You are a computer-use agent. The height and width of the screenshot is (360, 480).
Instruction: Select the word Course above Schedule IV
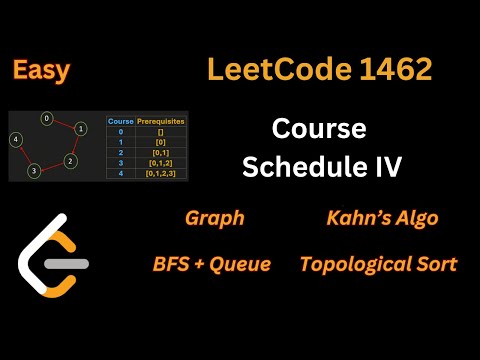pos(320,130)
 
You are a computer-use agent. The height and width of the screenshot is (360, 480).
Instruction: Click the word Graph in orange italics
pos(214,218)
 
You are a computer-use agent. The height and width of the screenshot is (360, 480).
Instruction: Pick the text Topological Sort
pos(378,264)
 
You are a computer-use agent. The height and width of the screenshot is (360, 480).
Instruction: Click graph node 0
pos(46,118)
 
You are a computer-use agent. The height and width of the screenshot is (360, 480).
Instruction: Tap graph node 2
pos(69,160)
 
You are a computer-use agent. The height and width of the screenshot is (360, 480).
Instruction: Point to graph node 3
pos(33,170)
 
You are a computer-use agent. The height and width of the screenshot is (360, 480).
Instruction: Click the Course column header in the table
pos(120,121)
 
